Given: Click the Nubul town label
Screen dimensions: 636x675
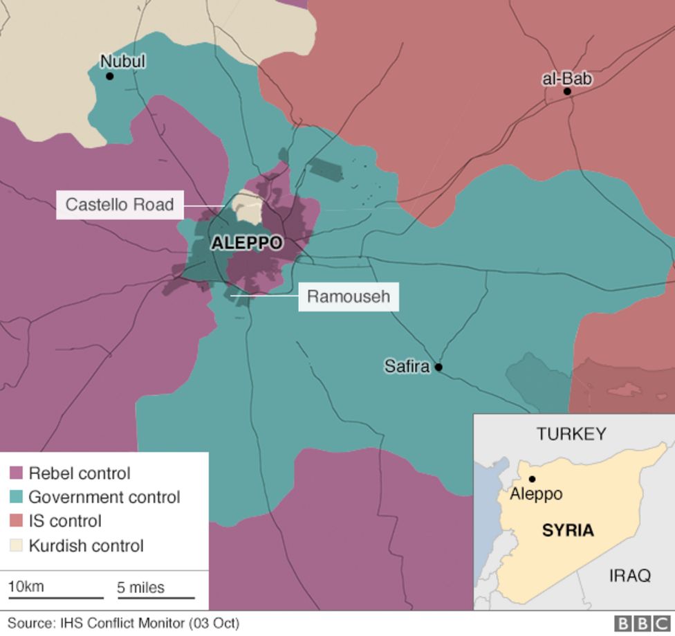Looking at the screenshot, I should (122, 62).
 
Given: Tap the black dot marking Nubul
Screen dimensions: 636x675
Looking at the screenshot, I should (109, 76).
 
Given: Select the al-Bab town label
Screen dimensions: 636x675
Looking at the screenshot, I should (567, 79).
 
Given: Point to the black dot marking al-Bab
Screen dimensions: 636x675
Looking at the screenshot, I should (567, 91).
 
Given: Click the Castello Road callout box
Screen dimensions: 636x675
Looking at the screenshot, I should (120, 205).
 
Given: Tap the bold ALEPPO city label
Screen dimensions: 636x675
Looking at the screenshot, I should (247, 243).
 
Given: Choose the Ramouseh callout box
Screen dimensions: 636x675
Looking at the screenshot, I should (348, 297).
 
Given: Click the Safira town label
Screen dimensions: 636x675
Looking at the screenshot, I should (407, 367).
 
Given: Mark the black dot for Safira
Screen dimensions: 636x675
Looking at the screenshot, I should (438, 367).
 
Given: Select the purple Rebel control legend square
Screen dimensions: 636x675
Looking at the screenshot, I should (17, 474).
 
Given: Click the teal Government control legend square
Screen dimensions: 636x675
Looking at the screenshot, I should (17, 497).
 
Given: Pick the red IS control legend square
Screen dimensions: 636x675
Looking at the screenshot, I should (17, 521).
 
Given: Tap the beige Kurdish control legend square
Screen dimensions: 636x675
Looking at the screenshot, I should (17, 545).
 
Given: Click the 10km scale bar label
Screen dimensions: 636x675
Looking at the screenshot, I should (26, 587).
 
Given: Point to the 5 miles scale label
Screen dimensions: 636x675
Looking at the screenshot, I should (140, 588).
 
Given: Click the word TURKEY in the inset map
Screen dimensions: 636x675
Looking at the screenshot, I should (571, 434).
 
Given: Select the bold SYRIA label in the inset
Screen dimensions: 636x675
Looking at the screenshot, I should (567, 531).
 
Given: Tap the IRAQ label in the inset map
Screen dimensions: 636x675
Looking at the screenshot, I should (629, 575).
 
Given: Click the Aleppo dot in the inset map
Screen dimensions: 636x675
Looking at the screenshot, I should (532, 479).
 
